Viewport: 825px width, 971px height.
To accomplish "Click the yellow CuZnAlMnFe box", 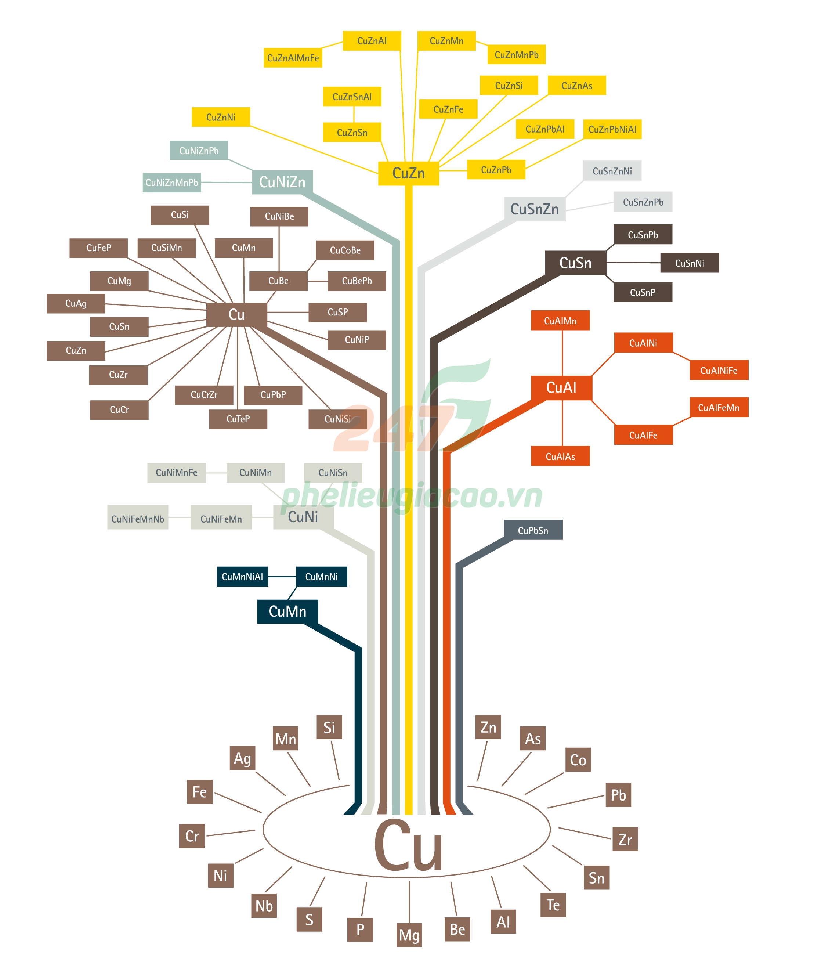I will pyautogui.click(x=293, y=58).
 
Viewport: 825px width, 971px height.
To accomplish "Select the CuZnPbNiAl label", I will pyautogui.click(x=612, y=129).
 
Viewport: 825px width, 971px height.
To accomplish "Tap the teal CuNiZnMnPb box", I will pyautogui.click(x=171, y=183).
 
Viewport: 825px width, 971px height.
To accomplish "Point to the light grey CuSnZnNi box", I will pyautogui.click(x=612, y=171).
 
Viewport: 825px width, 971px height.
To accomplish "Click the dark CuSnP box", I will pyautogui.click(x=643, y=292).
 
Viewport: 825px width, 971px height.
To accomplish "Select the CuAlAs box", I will pyautogui.click(x=560, y=456).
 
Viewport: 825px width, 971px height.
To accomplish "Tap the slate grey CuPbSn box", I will pyautogui.click(x=533, y=530).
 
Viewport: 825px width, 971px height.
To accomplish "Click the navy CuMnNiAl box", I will pyautogui.click(x=242, y=576).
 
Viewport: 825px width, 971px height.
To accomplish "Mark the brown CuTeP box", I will pyautogui.click(x=238, y=419).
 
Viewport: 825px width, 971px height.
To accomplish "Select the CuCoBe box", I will pyautogui.click(x=345, y=250).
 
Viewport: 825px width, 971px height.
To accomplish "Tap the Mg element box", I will pyautogui.click(x=409, y=935).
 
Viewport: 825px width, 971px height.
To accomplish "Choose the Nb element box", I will pyautogui.click(x=264, y=906).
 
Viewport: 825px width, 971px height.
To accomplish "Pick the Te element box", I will pyautogui.click(x=553, y=905).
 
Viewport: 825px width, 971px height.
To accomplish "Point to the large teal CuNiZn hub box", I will pyautogui.click(x=282, y=181).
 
